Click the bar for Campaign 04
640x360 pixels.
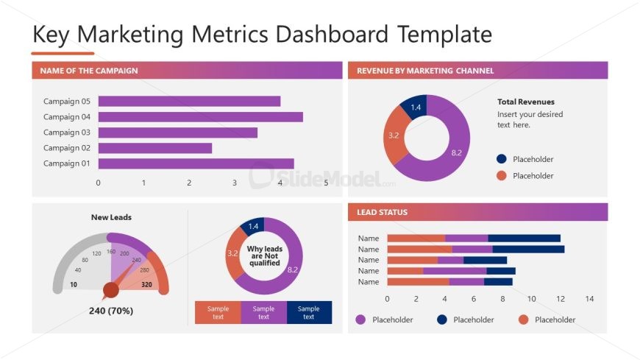point(200,117)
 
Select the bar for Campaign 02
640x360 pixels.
point(154,148)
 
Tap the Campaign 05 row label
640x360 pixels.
point(66,102)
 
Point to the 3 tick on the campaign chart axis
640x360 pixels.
point(235,183)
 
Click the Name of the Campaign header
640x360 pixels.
point(89,71)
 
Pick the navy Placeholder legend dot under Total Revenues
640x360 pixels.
point(502,159)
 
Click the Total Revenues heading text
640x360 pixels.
point(525,102)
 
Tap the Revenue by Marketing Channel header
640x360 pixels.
point(425,71)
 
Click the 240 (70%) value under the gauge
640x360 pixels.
point(111,311)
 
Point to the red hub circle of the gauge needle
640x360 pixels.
point(111,290)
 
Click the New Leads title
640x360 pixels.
point(111,217)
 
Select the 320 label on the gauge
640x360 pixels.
point(146,284)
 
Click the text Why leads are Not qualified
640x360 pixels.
point(264,256)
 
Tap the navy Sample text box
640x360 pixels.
point(309,312)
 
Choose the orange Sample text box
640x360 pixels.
point(218,312)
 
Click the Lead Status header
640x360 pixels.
point(382,212)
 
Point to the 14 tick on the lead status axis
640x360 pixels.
point(589,299)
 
